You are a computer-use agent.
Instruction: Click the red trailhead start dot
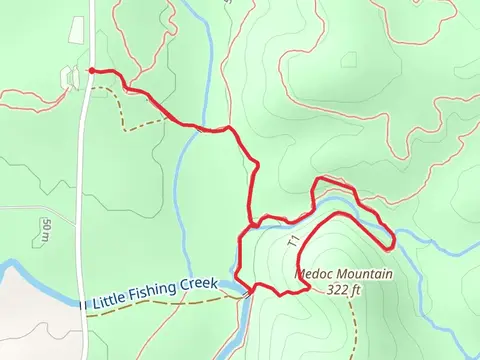pos(91,71)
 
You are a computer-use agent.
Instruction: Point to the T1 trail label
pos(294,241)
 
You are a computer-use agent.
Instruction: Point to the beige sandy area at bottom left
pos(30,320)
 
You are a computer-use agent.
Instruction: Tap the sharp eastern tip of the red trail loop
pos(395,241)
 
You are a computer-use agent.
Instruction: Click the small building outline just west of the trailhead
pos(68,78)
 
